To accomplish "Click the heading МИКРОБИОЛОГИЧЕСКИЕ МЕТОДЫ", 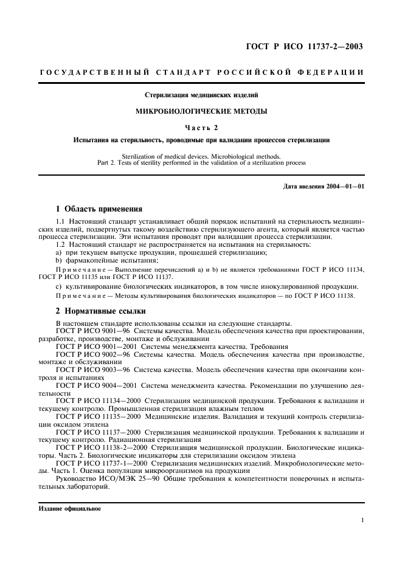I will coord(201,111).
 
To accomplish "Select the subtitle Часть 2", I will coord(201,127).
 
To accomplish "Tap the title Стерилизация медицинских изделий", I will coord(201,95).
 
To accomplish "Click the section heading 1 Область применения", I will coord(103,209).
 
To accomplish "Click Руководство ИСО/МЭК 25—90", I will coord(106,478).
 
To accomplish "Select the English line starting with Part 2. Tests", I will coord(201,163).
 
